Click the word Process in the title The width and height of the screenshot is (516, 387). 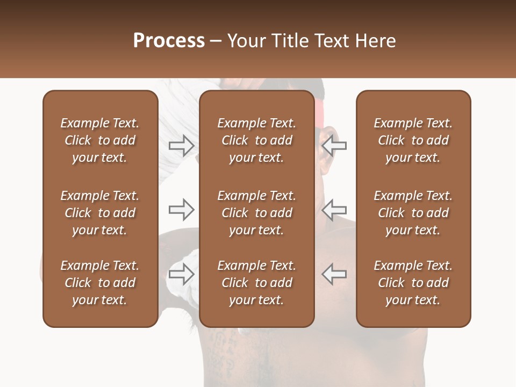(169, 40)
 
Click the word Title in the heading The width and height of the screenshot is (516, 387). (288, 40)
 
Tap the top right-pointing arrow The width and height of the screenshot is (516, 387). (181, 146)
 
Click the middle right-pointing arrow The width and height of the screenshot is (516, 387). (181, 210)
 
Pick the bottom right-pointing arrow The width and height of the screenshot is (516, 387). (181, 274)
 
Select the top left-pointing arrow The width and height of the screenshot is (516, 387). (334, 146)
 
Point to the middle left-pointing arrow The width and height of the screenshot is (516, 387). (334, 210)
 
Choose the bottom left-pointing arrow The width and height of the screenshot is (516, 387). (334, 274)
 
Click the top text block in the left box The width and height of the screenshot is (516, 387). (100, 140)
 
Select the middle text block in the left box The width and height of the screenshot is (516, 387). (100, 213)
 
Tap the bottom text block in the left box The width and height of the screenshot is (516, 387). (100, 283)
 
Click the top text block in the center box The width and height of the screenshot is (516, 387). (256, 140)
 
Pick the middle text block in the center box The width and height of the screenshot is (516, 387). (256, 213)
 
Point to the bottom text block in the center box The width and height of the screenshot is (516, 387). (256, 283)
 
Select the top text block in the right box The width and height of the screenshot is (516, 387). (413, 140)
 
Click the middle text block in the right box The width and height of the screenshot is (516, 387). (413, 213)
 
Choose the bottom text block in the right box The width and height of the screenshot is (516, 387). (413, 283)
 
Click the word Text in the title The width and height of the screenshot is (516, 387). (329, 40)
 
